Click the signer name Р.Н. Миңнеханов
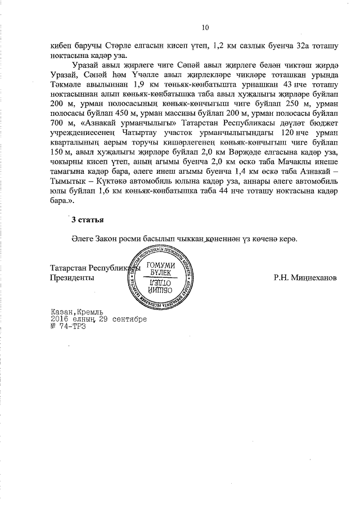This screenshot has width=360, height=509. [x=305, y=277]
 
